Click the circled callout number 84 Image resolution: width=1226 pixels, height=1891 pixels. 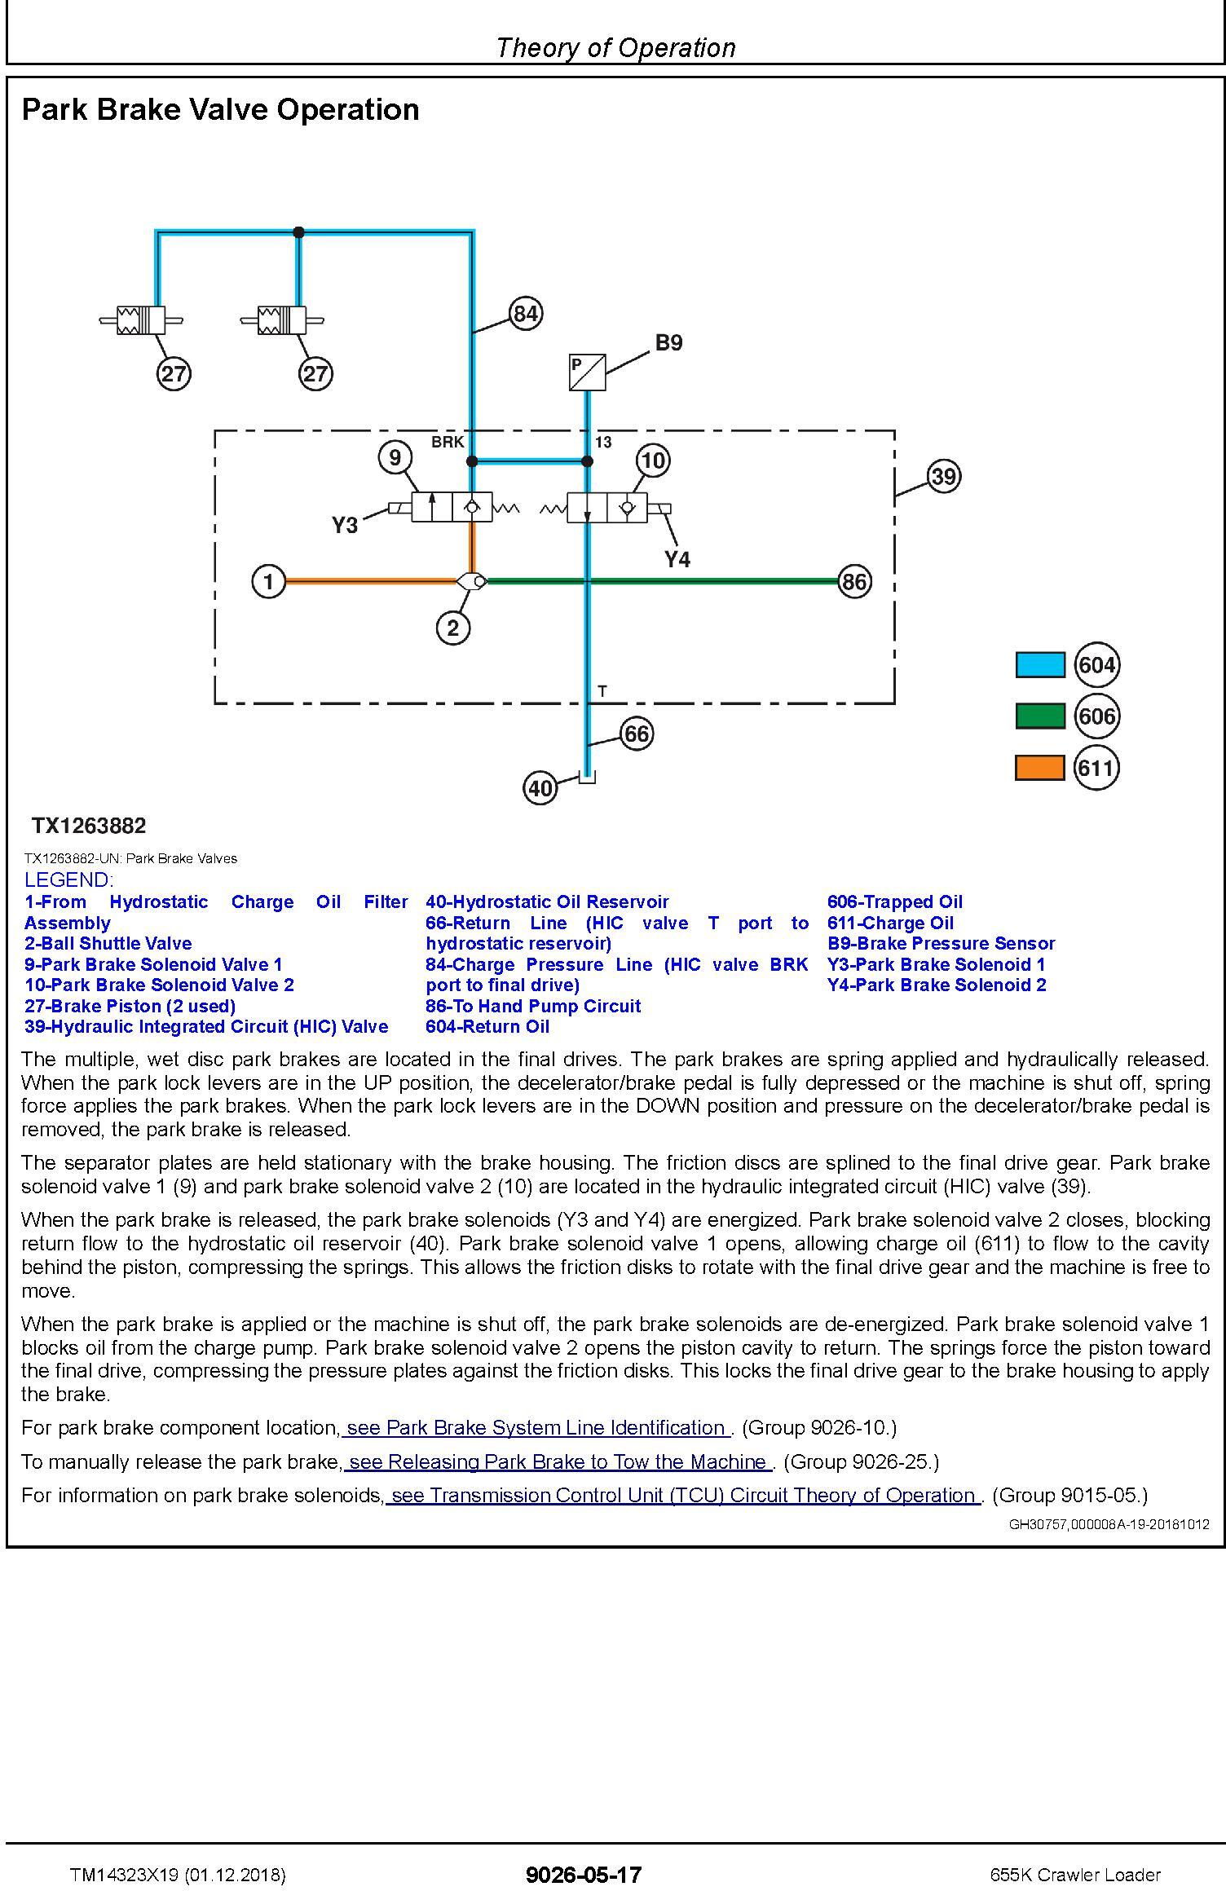526,314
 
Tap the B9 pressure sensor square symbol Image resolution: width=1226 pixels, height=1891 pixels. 587,372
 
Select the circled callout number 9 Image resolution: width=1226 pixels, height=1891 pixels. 395,458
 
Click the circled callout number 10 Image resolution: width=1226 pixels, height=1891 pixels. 652,461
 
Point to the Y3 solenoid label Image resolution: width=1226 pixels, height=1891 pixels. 345,526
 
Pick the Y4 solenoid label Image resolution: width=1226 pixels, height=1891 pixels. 677,559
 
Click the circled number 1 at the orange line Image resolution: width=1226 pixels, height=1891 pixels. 268,582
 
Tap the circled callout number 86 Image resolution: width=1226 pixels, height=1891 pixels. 853,582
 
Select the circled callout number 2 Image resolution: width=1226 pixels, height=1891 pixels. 453,628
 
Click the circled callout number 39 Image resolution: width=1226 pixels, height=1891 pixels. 943,476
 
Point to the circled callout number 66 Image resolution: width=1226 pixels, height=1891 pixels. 636,734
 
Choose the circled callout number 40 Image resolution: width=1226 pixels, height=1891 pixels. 540,788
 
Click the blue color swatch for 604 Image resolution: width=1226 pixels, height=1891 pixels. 1039,665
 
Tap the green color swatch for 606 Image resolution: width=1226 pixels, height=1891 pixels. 1039,716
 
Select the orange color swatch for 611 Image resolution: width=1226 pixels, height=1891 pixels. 1039,768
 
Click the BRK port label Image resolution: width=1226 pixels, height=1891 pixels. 448,442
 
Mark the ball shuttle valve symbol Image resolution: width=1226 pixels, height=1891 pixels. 471,581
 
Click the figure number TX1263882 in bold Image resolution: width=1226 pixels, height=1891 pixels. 89,826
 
